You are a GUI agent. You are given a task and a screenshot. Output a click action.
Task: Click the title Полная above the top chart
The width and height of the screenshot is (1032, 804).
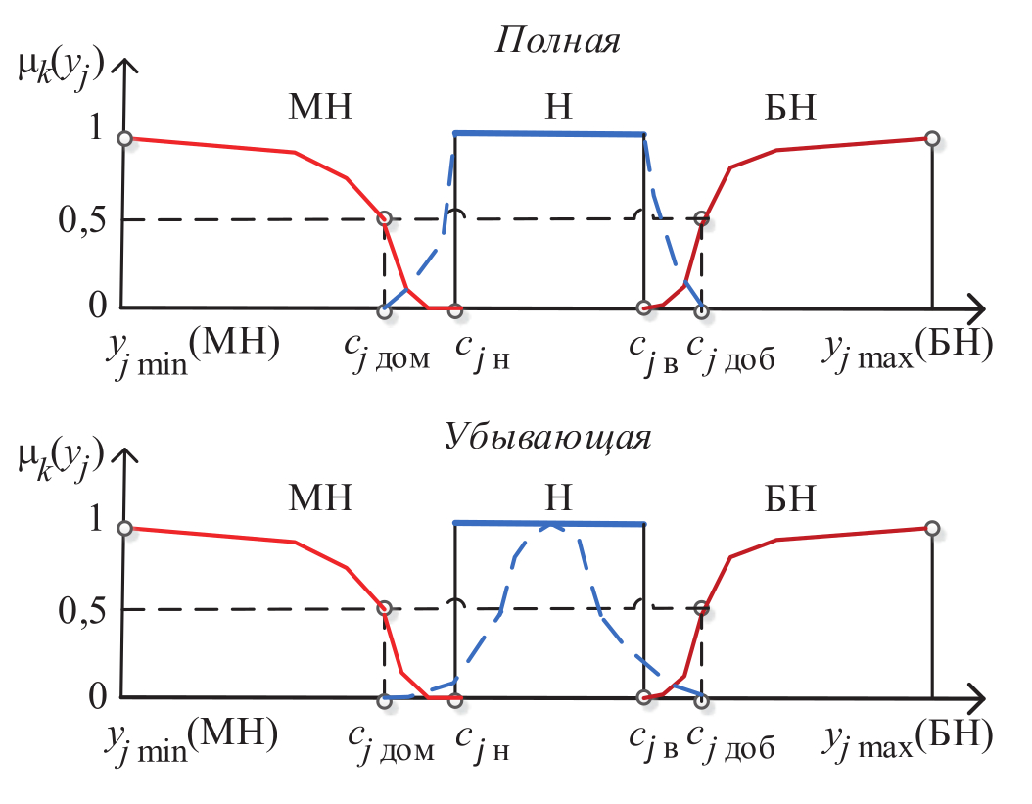coord(559,42)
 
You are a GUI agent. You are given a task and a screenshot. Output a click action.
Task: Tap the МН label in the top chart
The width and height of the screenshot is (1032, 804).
coord(320,108)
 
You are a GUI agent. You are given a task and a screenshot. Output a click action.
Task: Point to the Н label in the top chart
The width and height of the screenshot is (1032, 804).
coord(558,108)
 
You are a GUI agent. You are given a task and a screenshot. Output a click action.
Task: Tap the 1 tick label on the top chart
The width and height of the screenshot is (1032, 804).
coord(96,131)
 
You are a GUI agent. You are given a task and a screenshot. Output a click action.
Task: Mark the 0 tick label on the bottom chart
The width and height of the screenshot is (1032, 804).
coord(96,696)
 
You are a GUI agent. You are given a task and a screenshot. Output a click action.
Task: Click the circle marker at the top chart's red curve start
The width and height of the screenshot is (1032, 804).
coord(124,139)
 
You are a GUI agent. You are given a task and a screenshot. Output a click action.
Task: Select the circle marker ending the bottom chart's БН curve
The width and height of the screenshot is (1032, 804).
coord(932,529)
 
